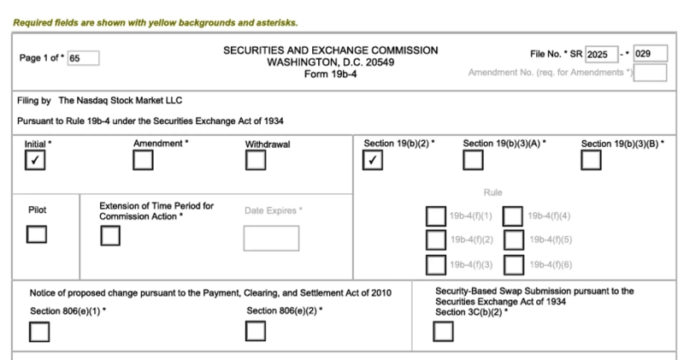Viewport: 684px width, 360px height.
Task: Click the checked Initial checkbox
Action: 36,160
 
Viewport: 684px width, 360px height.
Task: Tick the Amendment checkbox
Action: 144,160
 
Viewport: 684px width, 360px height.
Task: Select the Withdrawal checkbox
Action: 256,160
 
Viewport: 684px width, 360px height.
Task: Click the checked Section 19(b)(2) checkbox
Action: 373,160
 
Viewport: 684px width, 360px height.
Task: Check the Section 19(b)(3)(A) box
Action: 473,160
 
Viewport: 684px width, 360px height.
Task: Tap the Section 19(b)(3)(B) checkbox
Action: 592,160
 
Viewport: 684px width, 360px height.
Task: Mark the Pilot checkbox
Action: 36,233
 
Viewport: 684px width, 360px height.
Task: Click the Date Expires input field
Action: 271,238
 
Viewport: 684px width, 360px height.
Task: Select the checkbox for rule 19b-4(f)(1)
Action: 436,216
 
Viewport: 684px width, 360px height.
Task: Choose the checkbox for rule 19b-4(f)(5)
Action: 514,240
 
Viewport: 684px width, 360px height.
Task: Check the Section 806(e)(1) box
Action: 39,331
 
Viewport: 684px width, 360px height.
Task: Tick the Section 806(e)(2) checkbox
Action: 256,331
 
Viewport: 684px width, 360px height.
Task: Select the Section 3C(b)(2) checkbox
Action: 443,331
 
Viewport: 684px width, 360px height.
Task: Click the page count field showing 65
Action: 84,58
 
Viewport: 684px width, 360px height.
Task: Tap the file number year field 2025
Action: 602,54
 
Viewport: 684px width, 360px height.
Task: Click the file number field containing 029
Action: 650,54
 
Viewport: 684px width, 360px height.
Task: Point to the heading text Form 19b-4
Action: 330,74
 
